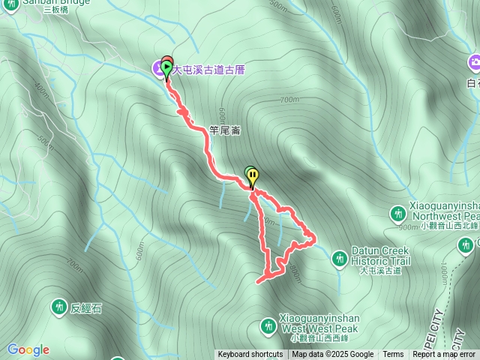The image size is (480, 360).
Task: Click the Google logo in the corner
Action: point(28,349)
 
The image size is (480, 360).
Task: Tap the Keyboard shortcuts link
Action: point(250,355)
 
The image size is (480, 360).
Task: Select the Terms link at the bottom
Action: point(393,355)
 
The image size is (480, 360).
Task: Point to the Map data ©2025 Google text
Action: point(333,355)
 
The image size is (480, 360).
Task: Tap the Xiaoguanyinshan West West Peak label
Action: point(319,324)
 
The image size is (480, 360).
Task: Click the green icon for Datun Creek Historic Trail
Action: point(340,258)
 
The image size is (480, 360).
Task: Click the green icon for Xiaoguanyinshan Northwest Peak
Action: point(398,214)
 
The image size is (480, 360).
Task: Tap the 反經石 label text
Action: point(85,307)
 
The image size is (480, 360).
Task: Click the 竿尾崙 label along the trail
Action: point(224,130)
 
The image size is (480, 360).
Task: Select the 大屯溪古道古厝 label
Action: point(209,70)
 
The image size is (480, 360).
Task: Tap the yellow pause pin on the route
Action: point(253,178)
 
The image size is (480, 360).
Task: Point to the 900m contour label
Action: point(409,226)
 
